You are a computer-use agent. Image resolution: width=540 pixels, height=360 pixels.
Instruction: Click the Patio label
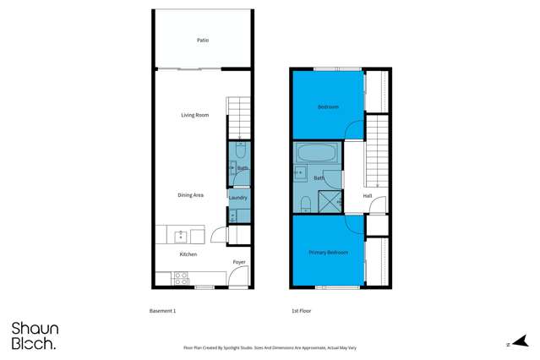point(203,40)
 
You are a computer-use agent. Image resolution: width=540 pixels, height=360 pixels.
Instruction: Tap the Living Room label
point(194,115)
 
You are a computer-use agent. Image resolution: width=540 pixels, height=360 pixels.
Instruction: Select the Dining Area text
point(190,195)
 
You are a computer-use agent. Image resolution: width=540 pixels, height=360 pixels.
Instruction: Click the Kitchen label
point(188,254)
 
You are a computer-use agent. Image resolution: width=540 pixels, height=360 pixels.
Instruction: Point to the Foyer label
point(239,262)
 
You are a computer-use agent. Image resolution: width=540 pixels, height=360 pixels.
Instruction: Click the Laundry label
point(238,198)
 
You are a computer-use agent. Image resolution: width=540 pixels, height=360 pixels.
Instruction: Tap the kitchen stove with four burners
point(181,276)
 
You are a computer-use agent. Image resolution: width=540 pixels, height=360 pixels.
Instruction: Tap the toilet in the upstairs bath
point(303,202)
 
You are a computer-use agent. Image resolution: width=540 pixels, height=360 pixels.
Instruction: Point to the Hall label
point(368,196)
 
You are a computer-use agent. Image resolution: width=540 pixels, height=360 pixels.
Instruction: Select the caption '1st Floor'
point(302,311)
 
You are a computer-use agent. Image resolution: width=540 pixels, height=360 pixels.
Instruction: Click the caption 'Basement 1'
point(162,311)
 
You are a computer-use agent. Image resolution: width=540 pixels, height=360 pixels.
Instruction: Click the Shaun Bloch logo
point(34,335)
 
